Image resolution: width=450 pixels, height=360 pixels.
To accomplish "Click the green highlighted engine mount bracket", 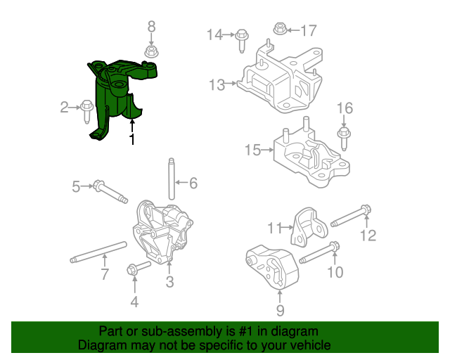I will [117, 98].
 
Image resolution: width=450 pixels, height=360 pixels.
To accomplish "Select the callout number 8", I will [150, 27].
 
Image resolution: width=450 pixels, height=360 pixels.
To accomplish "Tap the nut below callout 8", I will [150, 51].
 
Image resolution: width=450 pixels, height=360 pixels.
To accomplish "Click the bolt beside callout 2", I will [88, 108].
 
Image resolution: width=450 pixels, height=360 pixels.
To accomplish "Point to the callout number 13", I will [217, 85].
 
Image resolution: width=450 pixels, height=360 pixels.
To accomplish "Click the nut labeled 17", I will [278, 29].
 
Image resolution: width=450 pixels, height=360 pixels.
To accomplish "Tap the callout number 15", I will [252, 150].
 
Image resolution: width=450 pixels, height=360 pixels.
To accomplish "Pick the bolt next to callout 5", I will [110, 191].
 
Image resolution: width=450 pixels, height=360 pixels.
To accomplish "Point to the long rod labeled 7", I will [98, 252].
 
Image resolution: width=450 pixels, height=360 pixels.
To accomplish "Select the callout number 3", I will [169, 283].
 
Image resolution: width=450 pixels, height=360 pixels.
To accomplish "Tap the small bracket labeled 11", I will [309, 226].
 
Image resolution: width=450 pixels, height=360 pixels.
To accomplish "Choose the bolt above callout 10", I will [321, 253].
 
